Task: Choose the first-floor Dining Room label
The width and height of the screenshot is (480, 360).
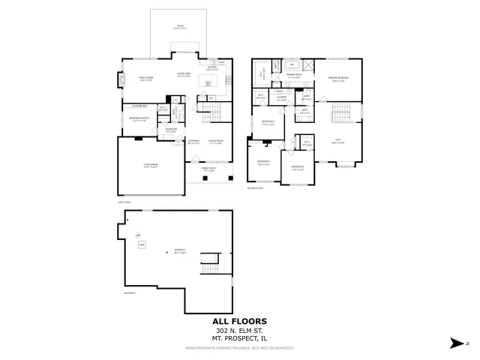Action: click(x=214, y=141)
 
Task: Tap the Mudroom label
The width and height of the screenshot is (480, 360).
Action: click(x=171, y=130)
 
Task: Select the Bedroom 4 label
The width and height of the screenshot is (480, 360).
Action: click(x=268, y=124)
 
